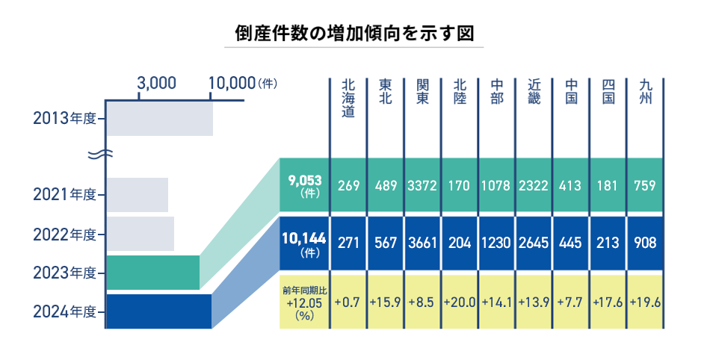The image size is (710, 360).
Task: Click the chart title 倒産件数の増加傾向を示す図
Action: pyautogui.click(x=354, y=34)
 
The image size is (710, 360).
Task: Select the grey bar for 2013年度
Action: pyautogui.click(x=159, y=120)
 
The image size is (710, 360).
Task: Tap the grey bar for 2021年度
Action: pyautogui.click(x=138, y=195)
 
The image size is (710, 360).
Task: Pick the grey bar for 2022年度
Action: pyautogui.click(x=141, y=234)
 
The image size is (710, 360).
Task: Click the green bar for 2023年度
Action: pyautogui.click(x=153, y=273)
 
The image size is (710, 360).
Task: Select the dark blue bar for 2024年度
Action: pyautogui.click(x=159, y=311)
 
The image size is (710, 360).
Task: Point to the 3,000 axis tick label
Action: pyautogui.click(x=157, y=83)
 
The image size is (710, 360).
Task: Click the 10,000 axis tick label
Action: pyautogui.click(x=232, y=83)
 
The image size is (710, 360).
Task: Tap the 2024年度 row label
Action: pyautogui.click(x=65, y=311)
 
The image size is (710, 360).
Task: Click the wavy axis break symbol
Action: pyautogui.click(x=99, y=155)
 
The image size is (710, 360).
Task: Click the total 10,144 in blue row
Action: pyautogui.click(x=303, y=239)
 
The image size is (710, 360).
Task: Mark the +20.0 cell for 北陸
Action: pyautogui.click(x=459, y=302)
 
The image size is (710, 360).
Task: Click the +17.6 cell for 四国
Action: pyautogui.click(x=608, y=302)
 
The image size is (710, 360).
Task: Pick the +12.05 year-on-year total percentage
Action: pyautogui.click(x=303, y=304)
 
